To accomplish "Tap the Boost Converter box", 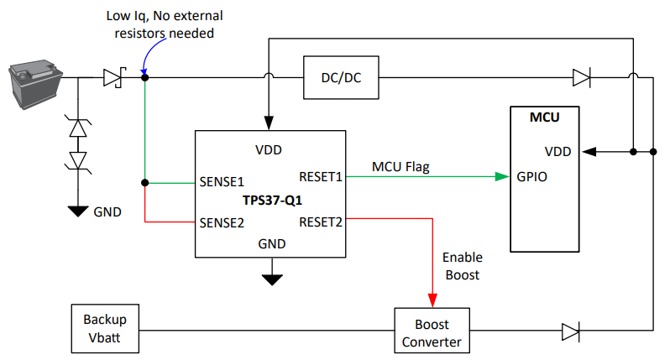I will (x=432, y=332).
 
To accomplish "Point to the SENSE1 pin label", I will (x=221, y=181).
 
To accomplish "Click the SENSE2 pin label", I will (x=221, y=222).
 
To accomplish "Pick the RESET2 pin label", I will (x=321, y=222).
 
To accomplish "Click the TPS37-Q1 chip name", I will (x=270, y=202).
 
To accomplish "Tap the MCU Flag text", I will (x=400, y=166).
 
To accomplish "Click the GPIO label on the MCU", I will (x=533, y=177).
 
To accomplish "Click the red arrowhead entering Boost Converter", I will (x=432, y=300).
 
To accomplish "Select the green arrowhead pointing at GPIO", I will (x=503, y=177).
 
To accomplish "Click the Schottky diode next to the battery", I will (x=114, y=78).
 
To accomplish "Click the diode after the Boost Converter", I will (x=571, y=331).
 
